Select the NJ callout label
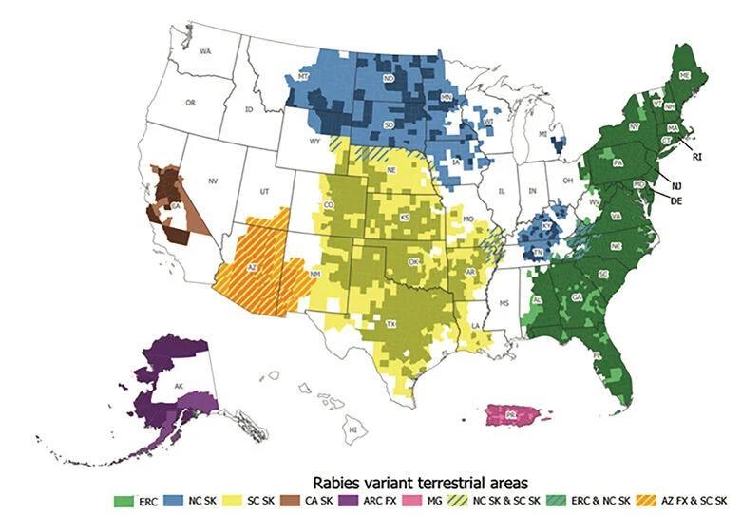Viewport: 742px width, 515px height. point(676,187)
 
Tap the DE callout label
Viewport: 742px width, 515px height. point(676,201)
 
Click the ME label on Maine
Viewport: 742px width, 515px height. point(684,74)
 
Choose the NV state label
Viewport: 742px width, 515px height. point(213,180)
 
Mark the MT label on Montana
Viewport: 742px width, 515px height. point(304,75)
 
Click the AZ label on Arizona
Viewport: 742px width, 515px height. point(253,268)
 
